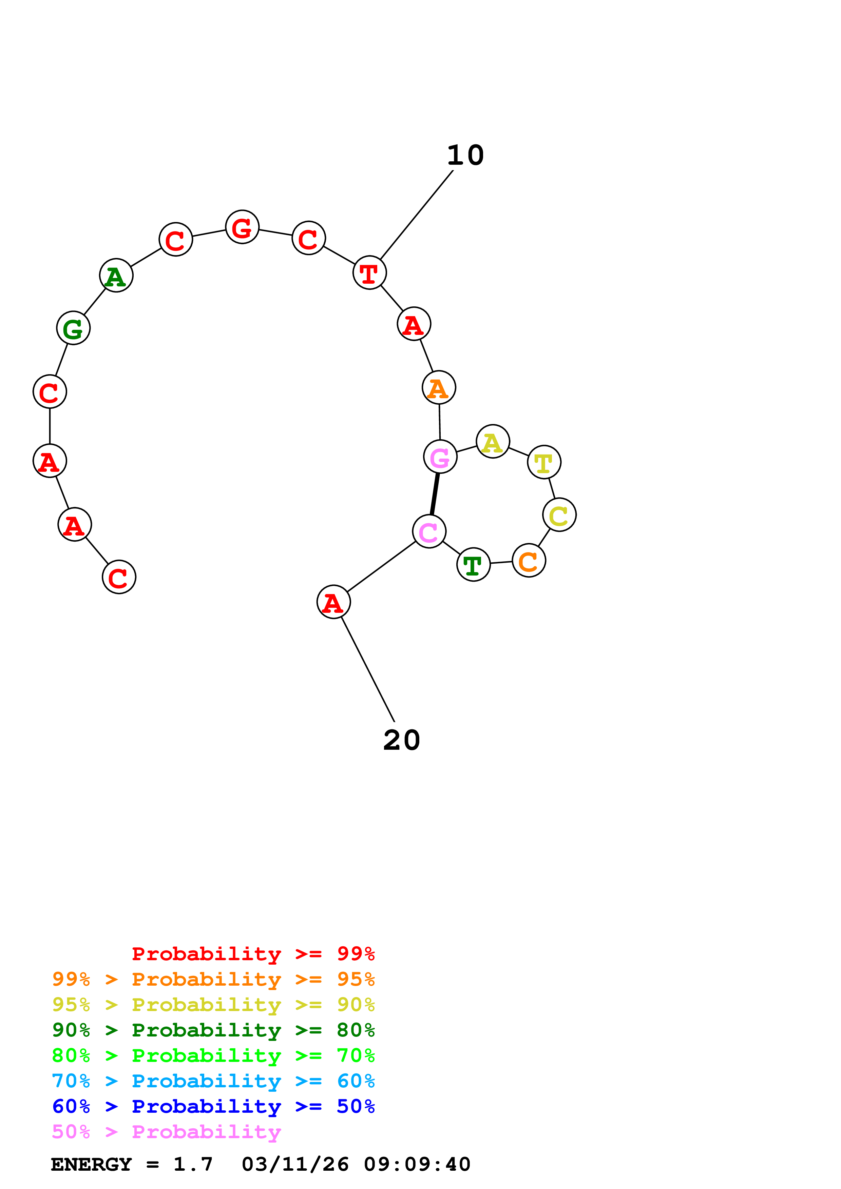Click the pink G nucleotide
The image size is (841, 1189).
[x=440, y=457]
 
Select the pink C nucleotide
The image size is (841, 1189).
[x=429, y=531]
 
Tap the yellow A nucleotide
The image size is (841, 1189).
[x=493, y=441]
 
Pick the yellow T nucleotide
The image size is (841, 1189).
[x=544, y=462]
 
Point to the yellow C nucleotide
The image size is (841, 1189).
[x=559, y=515]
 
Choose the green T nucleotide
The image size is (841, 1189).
[x=473, y=564]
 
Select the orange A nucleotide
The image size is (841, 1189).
[x=439, y=387]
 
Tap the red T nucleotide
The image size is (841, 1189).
[x=369, y=273]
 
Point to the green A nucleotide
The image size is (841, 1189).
[x=116, y=276]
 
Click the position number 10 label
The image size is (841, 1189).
[x=465, y=155]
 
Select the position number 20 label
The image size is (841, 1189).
[x=402, y=740]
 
